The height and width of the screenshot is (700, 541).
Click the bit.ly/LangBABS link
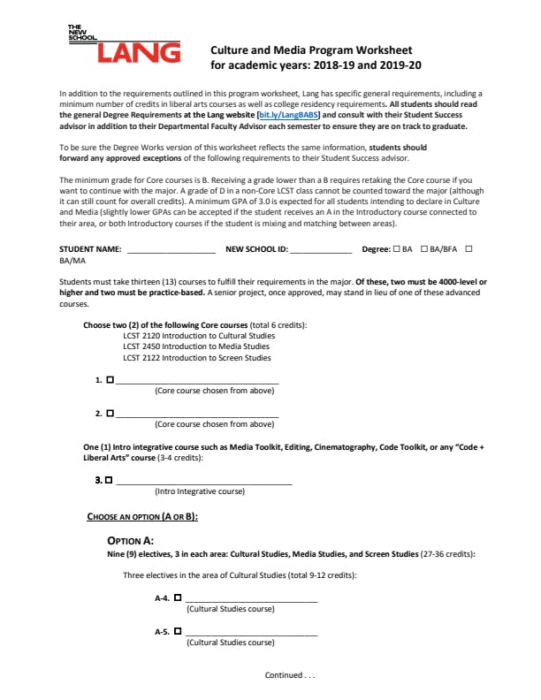[x=289, y=115]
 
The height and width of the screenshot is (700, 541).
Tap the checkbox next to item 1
[x=110, y=380]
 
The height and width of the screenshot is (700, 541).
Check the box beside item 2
[x=110, y=413]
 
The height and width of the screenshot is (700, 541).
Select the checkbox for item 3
[x=109, y=480]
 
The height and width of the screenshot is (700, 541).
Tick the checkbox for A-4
[x=178, y=598]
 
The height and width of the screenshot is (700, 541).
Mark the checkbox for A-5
[x=178, y=631]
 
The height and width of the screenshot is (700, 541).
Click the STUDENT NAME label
[x=89, y=250]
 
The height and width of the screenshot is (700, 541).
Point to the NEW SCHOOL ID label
[x=256, y=250]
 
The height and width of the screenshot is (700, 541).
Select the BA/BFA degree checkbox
[x=425, y=250]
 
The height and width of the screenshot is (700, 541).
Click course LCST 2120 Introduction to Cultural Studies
[x=198, y=336]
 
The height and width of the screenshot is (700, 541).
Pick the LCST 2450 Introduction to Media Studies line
[x=195, y=346]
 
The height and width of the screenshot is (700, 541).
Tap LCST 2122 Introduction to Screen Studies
[x=196, y=358]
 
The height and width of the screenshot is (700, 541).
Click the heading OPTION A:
[x=130, y=540]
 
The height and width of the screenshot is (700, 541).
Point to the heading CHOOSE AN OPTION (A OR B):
[x=141, y=515]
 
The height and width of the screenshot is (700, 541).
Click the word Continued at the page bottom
[x=283, y=675]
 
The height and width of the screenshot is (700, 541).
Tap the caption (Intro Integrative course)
[x=199, y=491]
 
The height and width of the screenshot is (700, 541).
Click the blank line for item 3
[x=203, y=483]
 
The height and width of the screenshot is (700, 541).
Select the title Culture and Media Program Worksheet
[x=310, y=50]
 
